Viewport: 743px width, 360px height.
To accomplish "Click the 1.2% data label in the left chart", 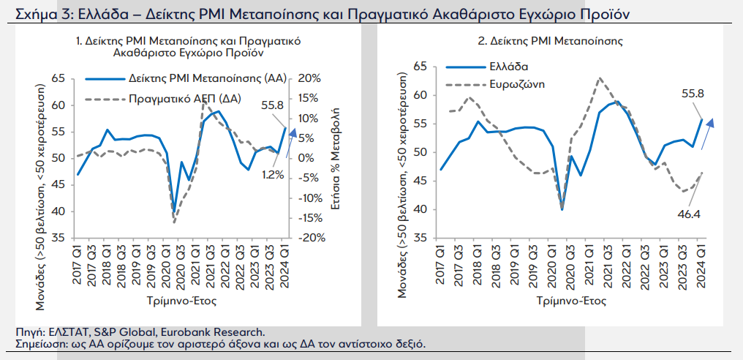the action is (273, 175).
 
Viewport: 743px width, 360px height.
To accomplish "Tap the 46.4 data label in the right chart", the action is (689, 214).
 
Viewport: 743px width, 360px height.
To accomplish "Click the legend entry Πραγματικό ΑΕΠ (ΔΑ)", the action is (185, 99).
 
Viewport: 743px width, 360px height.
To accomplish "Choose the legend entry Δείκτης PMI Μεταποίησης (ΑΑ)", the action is (208, 79).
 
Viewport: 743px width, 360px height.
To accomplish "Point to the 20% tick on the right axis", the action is (311, 78).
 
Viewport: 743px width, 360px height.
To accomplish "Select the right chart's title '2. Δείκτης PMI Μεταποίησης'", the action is (550, 41).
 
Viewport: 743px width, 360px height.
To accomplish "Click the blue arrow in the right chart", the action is (707, 134).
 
